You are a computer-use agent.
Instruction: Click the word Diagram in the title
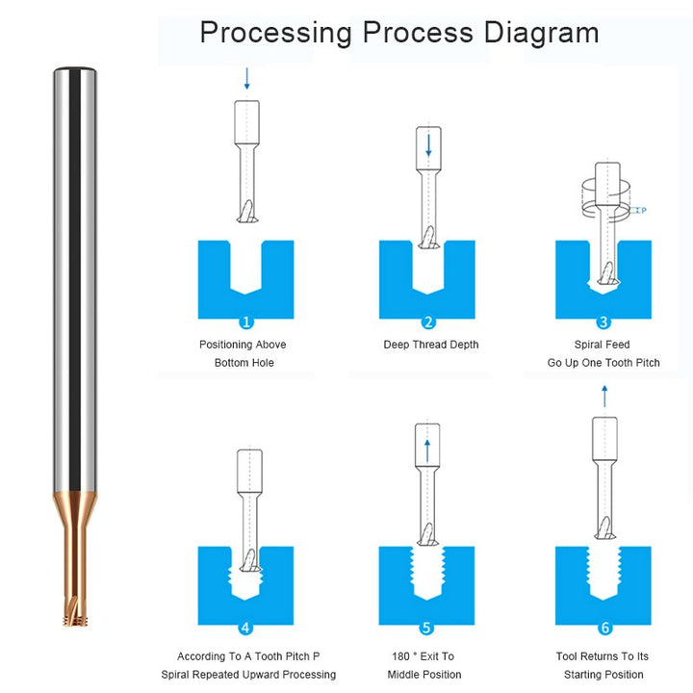tap(541, 34)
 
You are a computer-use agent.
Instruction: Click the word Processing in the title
tap(276, 34)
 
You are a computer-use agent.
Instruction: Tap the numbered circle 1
tap(245, 321)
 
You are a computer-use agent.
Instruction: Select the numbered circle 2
tap(427, 321)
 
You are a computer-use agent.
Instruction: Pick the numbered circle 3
tap(603, 321)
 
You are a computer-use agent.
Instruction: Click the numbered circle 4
tap(245, 628)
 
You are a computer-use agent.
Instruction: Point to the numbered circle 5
tap(426, 628)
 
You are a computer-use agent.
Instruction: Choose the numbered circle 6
tap(605, 628)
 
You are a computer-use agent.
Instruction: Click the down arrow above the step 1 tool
tap(247, 79)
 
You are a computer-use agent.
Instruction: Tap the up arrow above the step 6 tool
tap(604, 396)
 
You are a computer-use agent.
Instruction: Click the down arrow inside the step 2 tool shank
tap(428, 145)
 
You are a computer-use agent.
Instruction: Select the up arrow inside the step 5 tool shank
tap(427, 450)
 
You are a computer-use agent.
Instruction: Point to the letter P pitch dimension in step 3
tap(644, 211)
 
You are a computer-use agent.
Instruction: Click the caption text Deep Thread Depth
tap(431, 345)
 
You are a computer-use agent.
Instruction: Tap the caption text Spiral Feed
tap(602, 345)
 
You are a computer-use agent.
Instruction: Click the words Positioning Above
tap(243, 345)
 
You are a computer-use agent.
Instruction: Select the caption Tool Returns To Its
tap(602, 656)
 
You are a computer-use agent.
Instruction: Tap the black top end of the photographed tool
tap(75, 69)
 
